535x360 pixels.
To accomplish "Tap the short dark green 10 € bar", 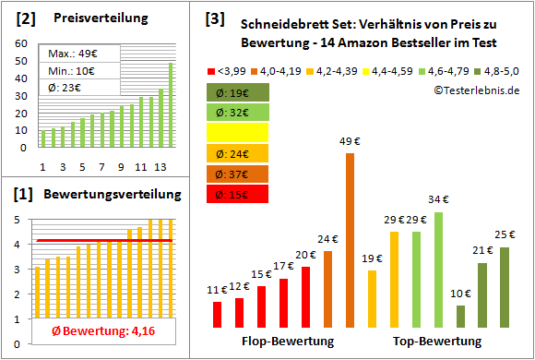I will pos(460,317).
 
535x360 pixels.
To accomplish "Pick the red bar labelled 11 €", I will pos(217,315).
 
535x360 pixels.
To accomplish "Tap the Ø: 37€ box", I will pos(238,173).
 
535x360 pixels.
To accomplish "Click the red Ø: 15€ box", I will pos(238,194).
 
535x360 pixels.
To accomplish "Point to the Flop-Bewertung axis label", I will pos(287,342).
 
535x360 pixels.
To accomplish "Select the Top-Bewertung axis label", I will pos(436,342).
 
